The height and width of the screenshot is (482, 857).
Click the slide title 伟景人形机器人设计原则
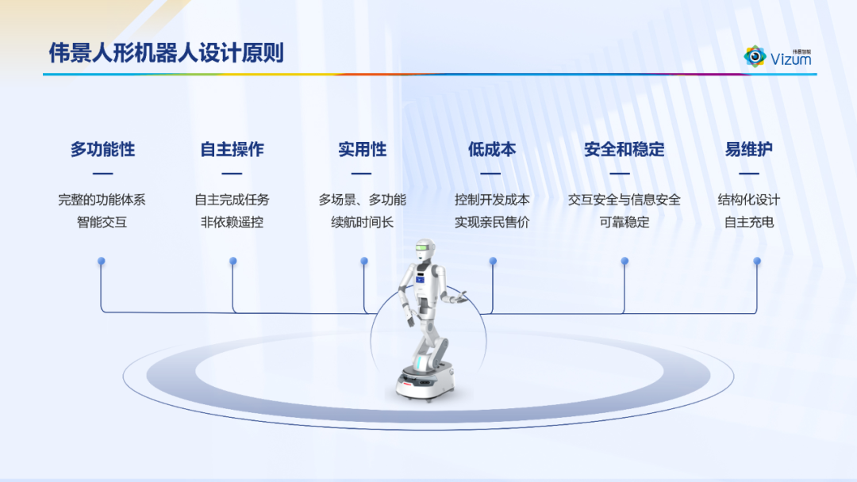click(x=166, y=53)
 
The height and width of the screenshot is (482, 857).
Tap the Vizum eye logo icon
click(x=755, y=56)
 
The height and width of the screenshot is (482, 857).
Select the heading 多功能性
click(x=102, y=149)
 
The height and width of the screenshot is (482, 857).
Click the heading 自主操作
click(x=232, y=149)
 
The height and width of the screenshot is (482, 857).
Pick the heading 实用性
click(x=362, y=149)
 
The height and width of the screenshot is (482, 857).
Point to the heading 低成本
click(x=491, y=149)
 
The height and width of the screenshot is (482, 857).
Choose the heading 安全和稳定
click(x=624, y=149)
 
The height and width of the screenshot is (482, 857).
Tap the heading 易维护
click(x=749, y=149)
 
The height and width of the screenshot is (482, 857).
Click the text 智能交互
click(x=102, y=222)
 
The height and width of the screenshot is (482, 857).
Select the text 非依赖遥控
click(x=233, y=222)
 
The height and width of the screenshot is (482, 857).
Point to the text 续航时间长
click(x=363, y=222)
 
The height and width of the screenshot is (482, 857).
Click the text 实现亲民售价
click(x=492, y=222)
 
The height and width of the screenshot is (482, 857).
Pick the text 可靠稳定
click(x=624, y=222)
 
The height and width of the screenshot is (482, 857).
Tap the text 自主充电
click(x=749, y=222)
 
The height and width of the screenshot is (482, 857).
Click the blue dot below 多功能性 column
click(x=101, y=262)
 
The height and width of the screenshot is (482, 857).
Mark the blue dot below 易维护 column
click(x=757, y=262)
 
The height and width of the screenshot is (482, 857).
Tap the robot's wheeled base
click(x=425, y=382)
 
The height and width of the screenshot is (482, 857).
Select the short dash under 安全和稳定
click(x=620, y=174)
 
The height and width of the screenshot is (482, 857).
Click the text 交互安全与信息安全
click(x=624, y=200)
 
